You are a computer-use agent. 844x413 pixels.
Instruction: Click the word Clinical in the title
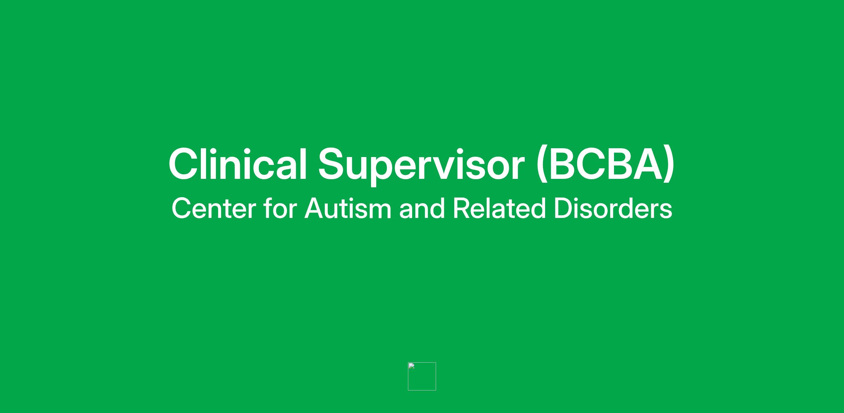238,164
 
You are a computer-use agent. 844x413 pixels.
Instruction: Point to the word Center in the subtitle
214,208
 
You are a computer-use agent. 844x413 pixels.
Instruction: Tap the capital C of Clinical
184,164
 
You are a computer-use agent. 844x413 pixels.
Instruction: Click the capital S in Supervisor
333,164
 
